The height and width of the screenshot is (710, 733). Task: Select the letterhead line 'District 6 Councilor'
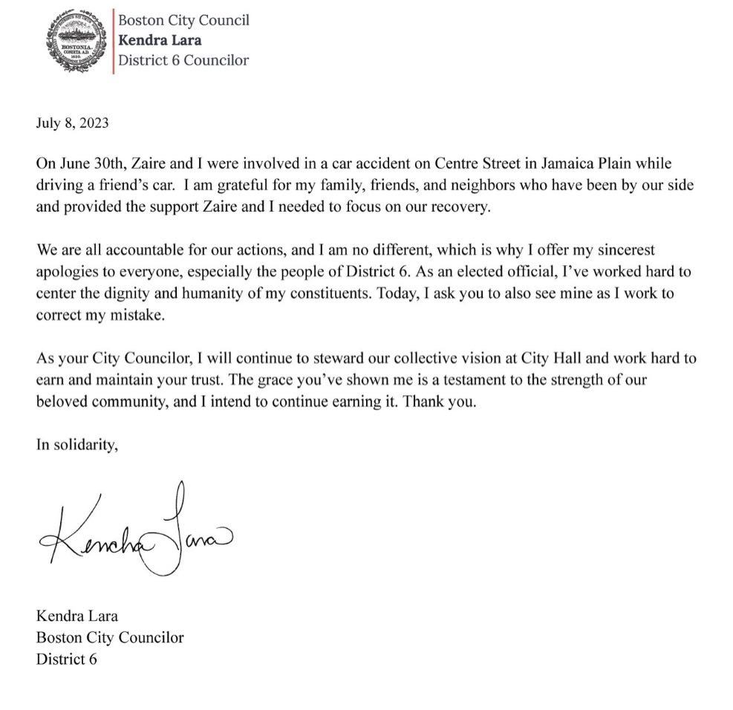click(x=184, y=60)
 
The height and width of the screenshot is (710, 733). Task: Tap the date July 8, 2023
click(x=72, y=123)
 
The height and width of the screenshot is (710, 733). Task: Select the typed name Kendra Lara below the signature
click(x=77, y=616)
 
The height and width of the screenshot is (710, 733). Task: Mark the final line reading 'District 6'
click(x=66, y=658)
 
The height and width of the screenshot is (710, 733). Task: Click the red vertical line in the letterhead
click(x=113, y=41)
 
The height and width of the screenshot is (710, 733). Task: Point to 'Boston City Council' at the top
click(x=183, y=20)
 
